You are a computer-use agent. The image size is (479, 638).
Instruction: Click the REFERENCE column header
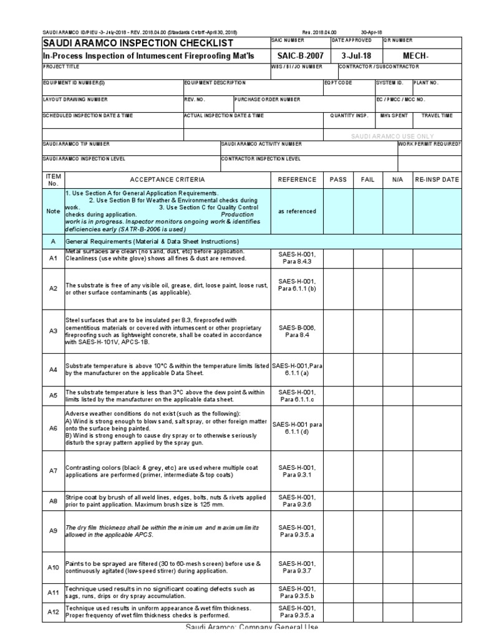point(297,179)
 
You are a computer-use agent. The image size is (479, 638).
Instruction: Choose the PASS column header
point(338,179)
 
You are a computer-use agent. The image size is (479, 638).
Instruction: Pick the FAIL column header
point(368,179)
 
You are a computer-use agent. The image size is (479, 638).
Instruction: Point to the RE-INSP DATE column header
point(437,179)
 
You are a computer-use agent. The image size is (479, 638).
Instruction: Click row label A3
point(53,331)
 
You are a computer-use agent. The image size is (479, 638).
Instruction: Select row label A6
point(53,429)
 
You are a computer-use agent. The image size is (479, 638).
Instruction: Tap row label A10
point(53,567)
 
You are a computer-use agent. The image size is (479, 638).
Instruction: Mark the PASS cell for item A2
point(338,288)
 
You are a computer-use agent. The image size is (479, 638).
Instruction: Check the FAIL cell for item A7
point(368,472)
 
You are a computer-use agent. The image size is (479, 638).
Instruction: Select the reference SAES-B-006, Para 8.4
point(297,331)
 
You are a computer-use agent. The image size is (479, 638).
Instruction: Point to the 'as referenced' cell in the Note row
point(297,211)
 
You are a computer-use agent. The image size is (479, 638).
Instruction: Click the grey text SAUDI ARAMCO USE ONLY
point(392,135)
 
